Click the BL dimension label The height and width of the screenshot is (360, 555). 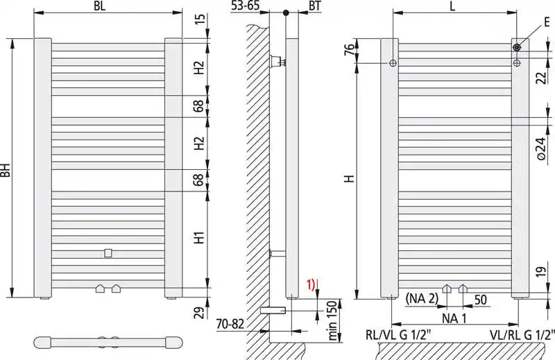(99, 6)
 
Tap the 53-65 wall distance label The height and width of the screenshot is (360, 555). (245, 6)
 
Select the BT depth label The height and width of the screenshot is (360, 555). (315, 6)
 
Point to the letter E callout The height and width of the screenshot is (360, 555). (547, 22)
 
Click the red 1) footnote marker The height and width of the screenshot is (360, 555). (310, 284)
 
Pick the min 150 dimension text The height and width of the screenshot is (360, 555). (332, 320)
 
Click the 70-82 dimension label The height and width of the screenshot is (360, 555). (230, 323)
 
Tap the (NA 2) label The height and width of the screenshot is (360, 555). (422, 299)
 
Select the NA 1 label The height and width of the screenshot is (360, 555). (454, 318)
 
